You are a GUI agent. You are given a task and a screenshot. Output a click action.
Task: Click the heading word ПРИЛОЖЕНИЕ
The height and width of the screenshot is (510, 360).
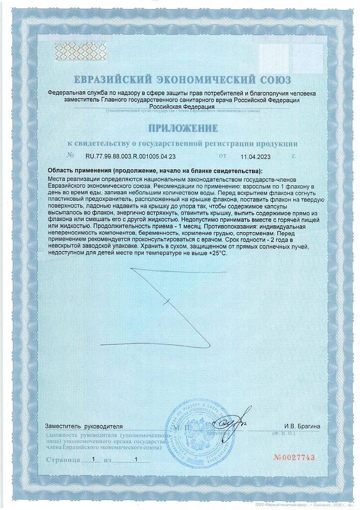[x=182, y=128]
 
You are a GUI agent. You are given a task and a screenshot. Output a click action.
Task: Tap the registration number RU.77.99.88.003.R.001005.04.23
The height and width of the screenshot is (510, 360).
[x=131, y=156]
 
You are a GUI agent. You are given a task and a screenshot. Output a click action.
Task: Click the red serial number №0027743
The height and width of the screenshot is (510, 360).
[x=295, y=458]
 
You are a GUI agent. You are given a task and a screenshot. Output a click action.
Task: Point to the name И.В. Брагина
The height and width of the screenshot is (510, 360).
[x=302, y=426]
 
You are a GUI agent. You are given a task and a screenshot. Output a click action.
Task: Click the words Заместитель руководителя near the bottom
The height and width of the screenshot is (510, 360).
[x=84, y=426]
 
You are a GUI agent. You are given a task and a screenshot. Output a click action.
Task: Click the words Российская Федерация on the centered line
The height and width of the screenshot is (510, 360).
[x=183, y=106]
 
